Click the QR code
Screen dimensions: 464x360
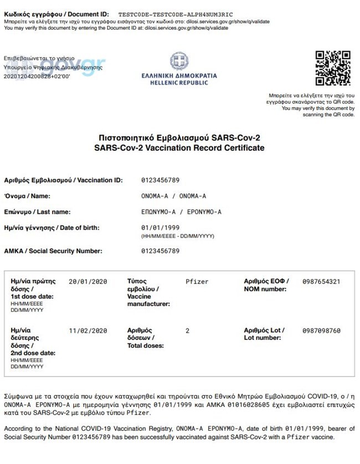(x=333, y=69)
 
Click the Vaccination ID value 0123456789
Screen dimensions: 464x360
(x=161, y=181)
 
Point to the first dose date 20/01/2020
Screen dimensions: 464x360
(x=88, y=282)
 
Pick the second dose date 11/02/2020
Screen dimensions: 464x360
(x=88, y=331)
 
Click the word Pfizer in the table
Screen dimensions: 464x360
(x=197, y=282)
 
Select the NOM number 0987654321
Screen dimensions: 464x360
(x=321, y=282)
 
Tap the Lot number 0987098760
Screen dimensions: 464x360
(x=321, y=331)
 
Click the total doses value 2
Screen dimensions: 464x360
(x=188, y=331)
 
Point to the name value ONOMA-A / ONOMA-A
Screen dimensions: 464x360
(x=174, y=196)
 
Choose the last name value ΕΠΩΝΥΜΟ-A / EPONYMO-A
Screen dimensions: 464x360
(x=181, y=212)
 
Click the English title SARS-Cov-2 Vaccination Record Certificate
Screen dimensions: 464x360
(x=179, y=148)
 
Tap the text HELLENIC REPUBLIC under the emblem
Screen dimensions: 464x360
(x=179, y=83)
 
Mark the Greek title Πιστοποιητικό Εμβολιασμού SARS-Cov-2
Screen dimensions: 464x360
(x=179, y=138)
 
